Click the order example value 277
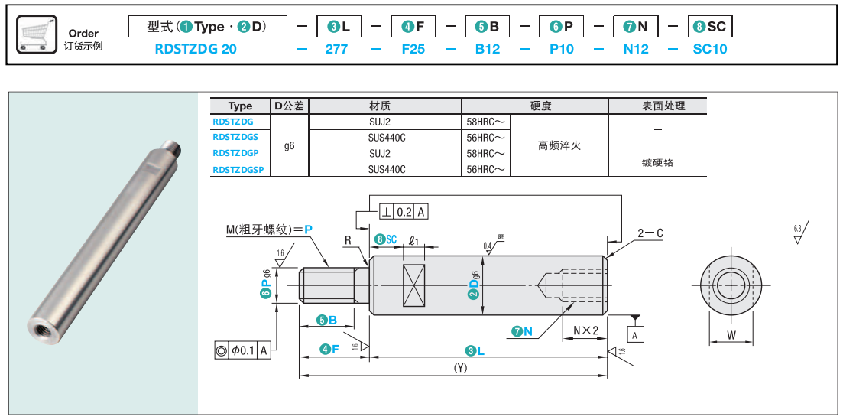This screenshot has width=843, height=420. tap(336, 49)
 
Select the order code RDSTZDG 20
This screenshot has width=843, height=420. tap(196, 49)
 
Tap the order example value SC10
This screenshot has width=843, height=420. tap(710, 49)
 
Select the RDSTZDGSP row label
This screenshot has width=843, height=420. tap(238, 170)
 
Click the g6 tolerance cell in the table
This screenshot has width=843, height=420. tap(289, 145)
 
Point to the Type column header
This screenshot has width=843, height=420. tap(240, 106)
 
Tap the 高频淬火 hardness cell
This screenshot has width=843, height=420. tap(559, 145)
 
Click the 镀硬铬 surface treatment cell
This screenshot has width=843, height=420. tap(657, 162)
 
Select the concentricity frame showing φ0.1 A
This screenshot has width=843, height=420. tap(242, 350)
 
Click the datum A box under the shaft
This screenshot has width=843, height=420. tap(636, 334)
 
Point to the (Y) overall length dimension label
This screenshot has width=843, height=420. tap(460, 367)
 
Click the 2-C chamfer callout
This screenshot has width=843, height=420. tap(650, 233)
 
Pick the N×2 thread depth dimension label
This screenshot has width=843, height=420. tap(585, 330)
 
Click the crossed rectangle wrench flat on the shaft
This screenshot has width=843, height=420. tap(413, 285)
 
